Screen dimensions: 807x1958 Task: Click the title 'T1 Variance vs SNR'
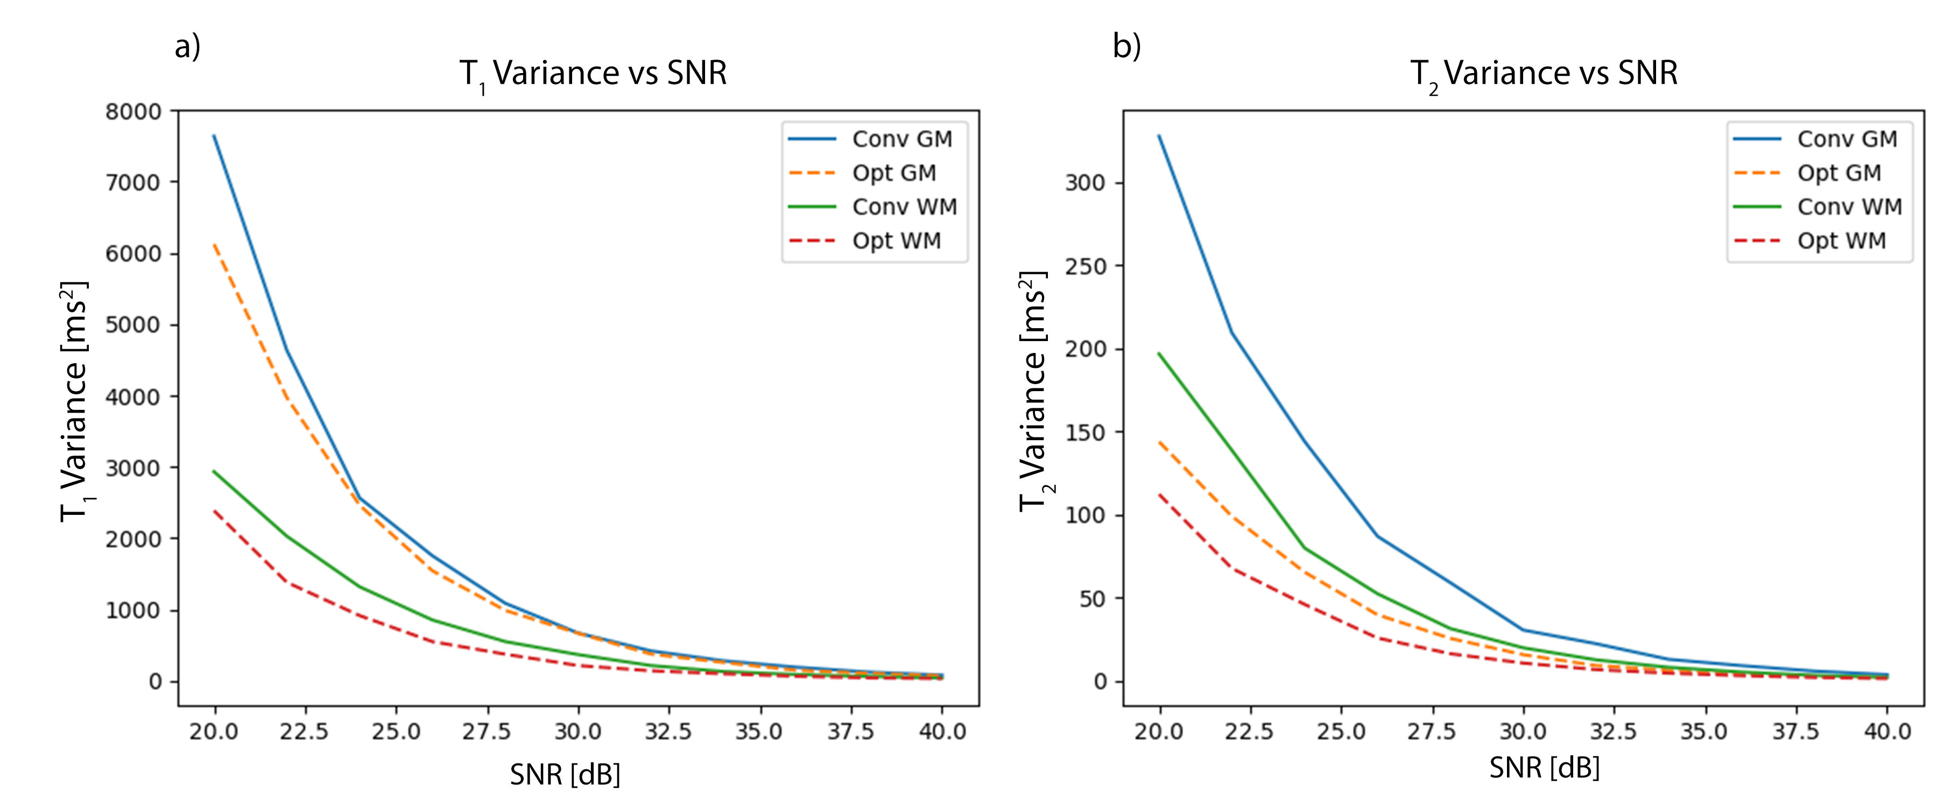593,74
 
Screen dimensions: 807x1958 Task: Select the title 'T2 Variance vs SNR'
1544,74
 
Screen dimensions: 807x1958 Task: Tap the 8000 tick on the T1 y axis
133,112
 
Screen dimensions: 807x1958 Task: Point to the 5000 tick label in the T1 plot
133,325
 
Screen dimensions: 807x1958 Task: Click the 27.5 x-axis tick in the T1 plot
487,732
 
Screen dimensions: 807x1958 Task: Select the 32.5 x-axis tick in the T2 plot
1614,732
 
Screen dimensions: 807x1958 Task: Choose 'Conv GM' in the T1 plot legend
901,139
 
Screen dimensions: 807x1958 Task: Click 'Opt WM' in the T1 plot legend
896,241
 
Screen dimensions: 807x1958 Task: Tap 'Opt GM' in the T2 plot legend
1839,173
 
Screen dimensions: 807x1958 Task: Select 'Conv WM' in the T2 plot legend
1849,207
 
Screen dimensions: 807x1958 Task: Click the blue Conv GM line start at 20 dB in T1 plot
214,136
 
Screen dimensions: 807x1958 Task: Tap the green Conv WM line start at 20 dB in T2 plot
1160,353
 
